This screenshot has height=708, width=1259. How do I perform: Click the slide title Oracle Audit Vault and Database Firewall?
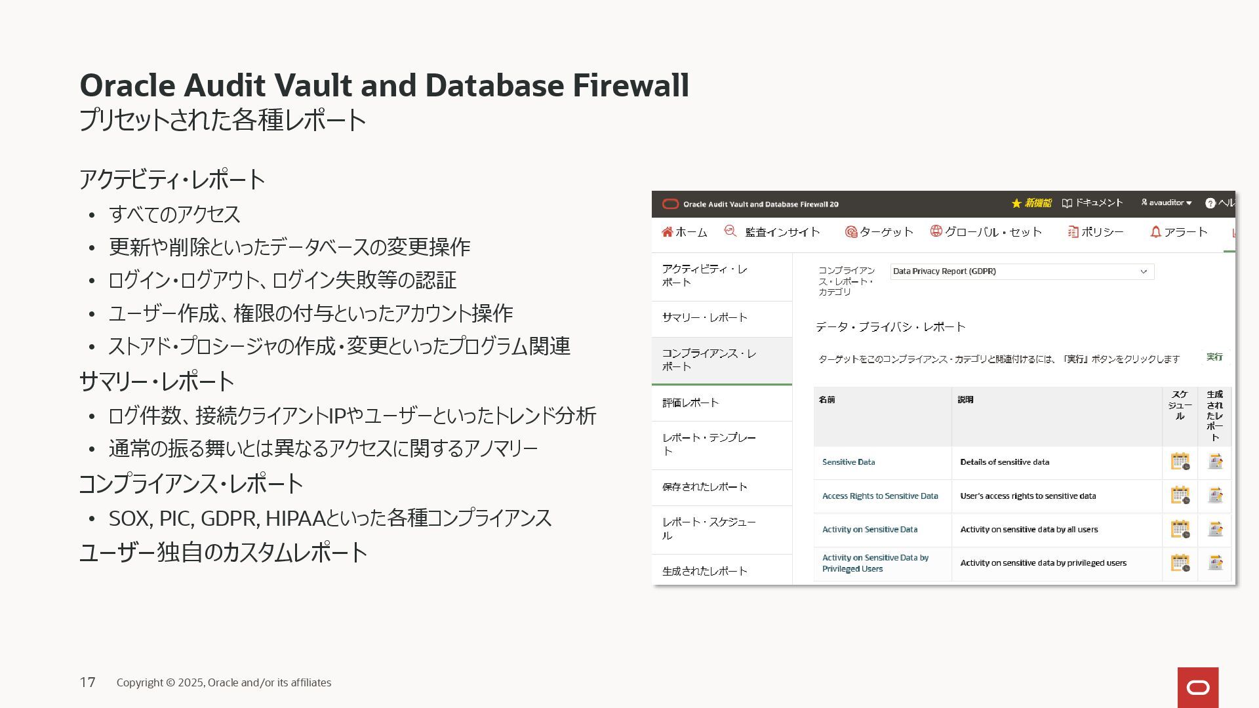coord(384,85)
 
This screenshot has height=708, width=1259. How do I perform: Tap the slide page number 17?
coord(88,682)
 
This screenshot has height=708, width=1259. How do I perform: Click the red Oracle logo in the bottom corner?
coord(1198,688)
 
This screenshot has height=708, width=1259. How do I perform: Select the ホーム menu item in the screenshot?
coord(685,232)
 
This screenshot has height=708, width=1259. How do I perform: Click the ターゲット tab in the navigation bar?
coord(879,232)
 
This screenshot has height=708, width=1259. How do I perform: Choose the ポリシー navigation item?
coord(1096,232)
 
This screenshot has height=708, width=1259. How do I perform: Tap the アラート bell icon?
coord(1155,232)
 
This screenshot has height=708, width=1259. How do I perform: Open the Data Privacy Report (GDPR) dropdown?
coord(1022,271)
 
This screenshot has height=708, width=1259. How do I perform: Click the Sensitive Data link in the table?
coord(849,462)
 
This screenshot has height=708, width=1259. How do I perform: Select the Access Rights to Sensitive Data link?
coord(880,496)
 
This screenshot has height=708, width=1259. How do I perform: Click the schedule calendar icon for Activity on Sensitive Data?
coord(1180,529)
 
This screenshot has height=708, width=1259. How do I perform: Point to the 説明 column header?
coord(965,400)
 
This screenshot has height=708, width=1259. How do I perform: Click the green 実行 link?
coord(1214,357)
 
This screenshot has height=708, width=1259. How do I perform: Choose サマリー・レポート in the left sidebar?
coord(705,317)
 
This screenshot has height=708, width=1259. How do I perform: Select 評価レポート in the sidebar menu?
coord(690,403)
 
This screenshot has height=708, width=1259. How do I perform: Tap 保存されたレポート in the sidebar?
coord(705,486)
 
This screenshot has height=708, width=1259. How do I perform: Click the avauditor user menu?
coord(1167,203)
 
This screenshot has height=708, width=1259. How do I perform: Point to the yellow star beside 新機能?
coord(1016,204)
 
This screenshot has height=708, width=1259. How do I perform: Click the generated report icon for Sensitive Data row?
coord(1215,462)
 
